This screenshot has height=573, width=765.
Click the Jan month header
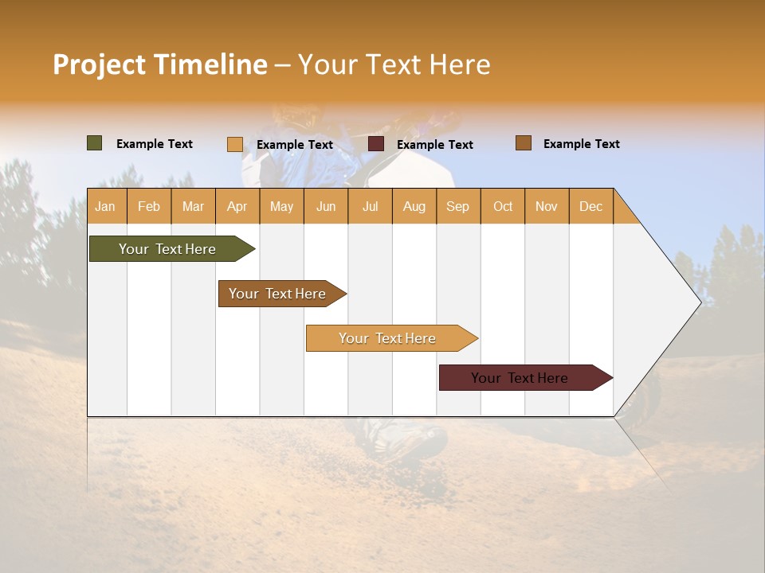(106, 206)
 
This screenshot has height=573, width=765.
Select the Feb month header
(149, 206)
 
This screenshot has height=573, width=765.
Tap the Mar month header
(193, 206)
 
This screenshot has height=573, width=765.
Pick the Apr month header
(237, 206)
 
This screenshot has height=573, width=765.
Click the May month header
(281, 206)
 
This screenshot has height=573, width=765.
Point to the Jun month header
(326, 206)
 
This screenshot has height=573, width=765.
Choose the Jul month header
(370, 206)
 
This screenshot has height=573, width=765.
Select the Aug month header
(414, 206)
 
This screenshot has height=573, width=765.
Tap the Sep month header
(458, 206)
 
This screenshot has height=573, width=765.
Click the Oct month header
(503, 206)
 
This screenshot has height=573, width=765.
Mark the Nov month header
(547, 206)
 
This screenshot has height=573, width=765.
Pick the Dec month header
(591, 206)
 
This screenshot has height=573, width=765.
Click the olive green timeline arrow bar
(168, 249)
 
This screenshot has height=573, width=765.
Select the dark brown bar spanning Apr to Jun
(278, 294)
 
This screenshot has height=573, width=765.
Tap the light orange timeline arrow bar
(388, 338)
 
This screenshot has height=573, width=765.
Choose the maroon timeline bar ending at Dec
(520, 378)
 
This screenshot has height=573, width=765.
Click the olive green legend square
(95, 143)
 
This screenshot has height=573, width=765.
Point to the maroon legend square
(376, 144)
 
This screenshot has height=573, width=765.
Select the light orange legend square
(235, 144)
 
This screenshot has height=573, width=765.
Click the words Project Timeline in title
(160, 64)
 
